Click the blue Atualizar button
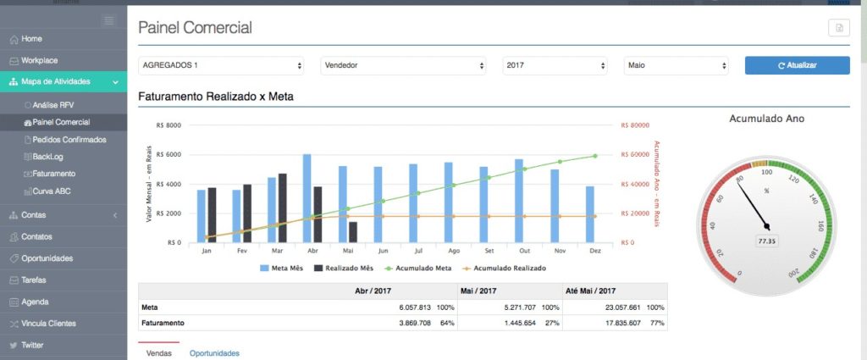pyautogui.click(x=797, y=65)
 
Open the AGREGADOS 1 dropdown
pyautogui.click(x=221, y=65)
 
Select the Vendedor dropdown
pyautogui.click(x=403, y=65)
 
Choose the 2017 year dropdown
pyautogui.click(x=555, y=65)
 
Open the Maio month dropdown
pyautogui.click(x=676, y=65)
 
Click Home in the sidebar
pyautogui.click(x=31, y=39)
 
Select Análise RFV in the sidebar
pyautogui.click(x=53, y=105)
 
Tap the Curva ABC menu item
pyautogui.click(x=52, y=191)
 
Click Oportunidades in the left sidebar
pyautogui.click(x=47, y=258)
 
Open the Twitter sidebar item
pyautogui.click(x=32, y=346)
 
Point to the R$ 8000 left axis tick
pyautogui.click(x=169, y=125)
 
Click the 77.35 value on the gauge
pyautogui.click(x=768, y=241)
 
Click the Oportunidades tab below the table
pyautogui.click(x=214, y=353)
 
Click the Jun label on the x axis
pyautogui.click(x=384, y=251)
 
